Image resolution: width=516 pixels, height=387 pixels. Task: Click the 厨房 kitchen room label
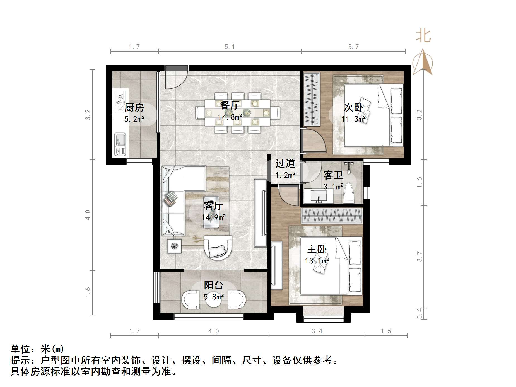(134, 107)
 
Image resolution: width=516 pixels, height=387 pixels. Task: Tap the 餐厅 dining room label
(230, 105)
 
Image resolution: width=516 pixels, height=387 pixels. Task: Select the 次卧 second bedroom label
(353, 107)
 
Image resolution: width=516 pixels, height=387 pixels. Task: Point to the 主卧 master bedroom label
(317, 249)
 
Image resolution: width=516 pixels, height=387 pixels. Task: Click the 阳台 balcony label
(213, 285)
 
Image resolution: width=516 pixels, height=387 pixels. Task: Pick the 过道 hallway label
(285, 163)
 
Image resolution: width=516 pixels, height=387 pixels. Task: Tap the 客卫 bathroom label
(333, 175)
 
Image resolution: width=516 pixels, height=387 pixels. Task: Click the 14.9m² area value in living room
(214, 217)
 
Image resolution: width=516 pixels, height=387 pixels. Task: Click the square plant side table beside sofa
(174, 246)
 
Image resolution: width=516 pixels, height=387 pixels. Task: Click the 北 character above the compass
(423, 36)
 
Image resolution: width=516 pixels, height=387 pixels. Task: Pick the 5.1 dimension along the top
(230, 47)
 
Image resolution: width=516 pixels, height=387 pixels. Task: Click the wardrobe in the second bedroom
(311, 99)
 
